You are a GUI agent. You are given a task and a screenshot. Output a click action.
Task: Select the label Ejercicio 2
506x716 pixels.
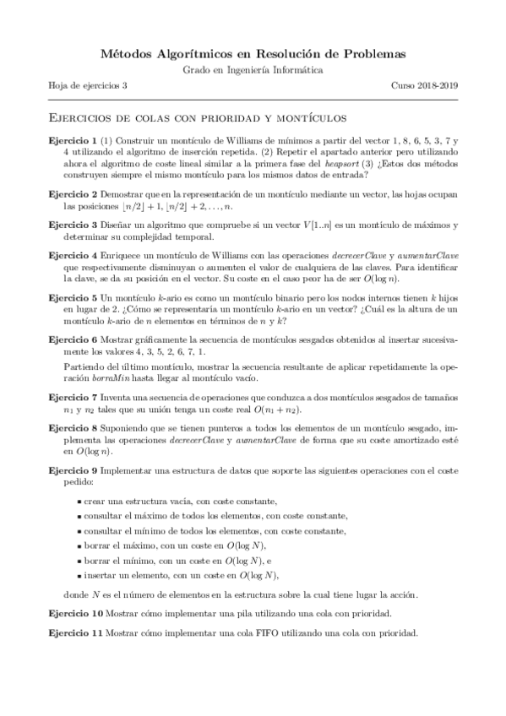point(72,193)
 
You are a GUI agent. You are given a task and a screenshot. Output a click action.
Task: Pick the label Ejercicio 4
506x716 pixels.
point(72,254)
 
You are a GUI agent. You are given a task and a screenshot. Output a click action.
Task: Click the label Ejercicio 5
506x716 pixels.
point(72,298)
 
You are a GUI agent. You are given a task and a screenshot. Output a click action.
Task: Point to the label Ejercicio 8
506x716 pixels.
point(72,429)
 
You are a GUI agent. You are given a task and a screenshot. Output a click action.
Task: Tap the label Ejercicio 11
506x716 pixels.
point(73,632)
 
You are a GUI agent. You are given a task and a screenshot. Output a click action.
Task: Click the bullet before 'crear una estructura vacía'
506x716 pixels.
point(79,502)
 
